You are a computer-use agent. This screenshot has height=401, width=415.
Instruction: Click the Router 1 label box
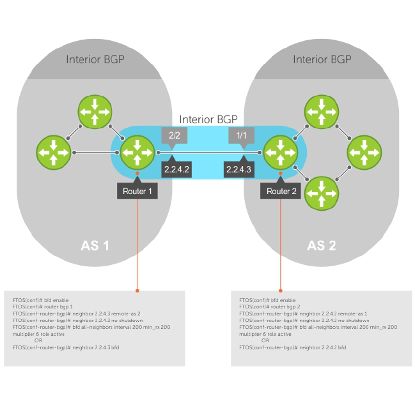coord(137,191)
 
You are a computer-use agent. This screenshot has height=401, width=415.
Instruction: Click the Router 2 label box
coord(282,191)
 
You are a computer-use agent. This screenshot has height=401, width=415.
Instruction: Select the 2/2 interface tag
coord(173,135)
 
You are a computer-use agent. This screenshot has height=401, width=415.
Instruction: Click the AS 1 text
coord(94,246)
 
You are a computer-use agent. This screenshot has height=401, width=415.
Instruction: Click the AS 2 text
coord(321,246)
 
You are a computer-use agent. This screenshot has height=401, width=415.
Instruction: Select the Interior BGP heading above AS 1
coord(95,59)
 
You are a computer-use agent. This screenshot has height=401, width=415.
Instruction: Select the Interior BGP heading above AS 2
coord(322,59)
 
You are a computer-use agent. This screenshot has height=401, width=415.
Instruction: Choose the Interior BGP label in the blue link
coord(208,119)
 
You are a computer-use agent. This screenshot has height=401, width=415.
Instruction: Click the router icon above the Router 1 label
coord(137,153)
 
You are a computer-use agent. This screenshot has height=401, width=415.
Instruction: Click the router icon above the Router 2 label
coord(281,153)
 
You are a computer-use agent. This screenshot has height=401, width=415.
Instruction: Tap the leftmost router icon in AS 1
coord(54,153)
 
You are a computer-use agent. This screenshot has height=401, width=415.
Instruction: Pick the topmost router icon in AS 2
coord(320,112)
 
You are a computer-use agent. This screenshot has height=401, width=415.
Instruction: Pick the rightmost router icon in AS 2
coord(363,153)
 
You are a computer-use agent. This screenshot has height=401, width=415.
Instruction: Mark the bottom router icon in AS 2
coord(320,192)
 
